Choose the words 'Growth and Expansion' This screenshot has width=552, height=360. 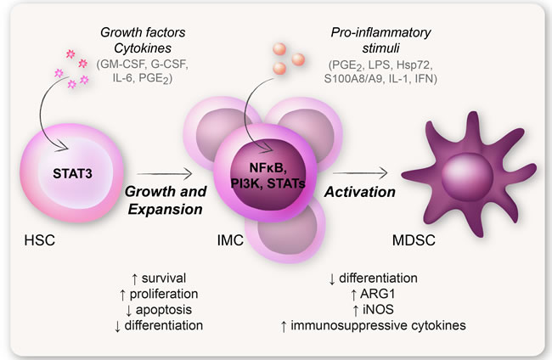pyautogui.click(x=166, y=202)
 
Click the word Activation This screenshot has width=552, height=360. pyautogui.click(x=358, y=192)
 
